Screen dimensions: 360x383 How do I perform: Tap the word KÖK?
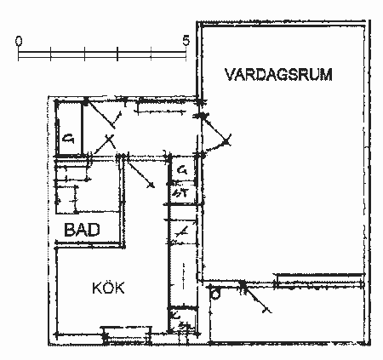pyautogui.click(x=108, y=289)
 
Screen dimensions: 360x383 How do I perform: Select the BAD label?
pyautogui.click(x=83, y=229)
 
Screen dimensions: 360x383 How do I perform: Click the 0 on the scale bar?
pyautogui.click(x=20, y=40)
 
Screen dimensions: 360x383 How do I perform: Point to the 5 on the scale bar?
pyautogui.click(x=186, y=39)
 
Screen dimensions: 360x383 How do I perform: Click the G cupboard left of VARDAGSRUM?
pyautogui.click(x=181, y=172)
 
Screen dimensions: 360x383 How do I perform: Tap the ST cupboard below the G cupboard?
pyautogui.click(x=180, y=194)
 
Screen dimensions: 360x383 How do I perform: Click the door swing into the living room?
pyautogui.click(x=217, y=136)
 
